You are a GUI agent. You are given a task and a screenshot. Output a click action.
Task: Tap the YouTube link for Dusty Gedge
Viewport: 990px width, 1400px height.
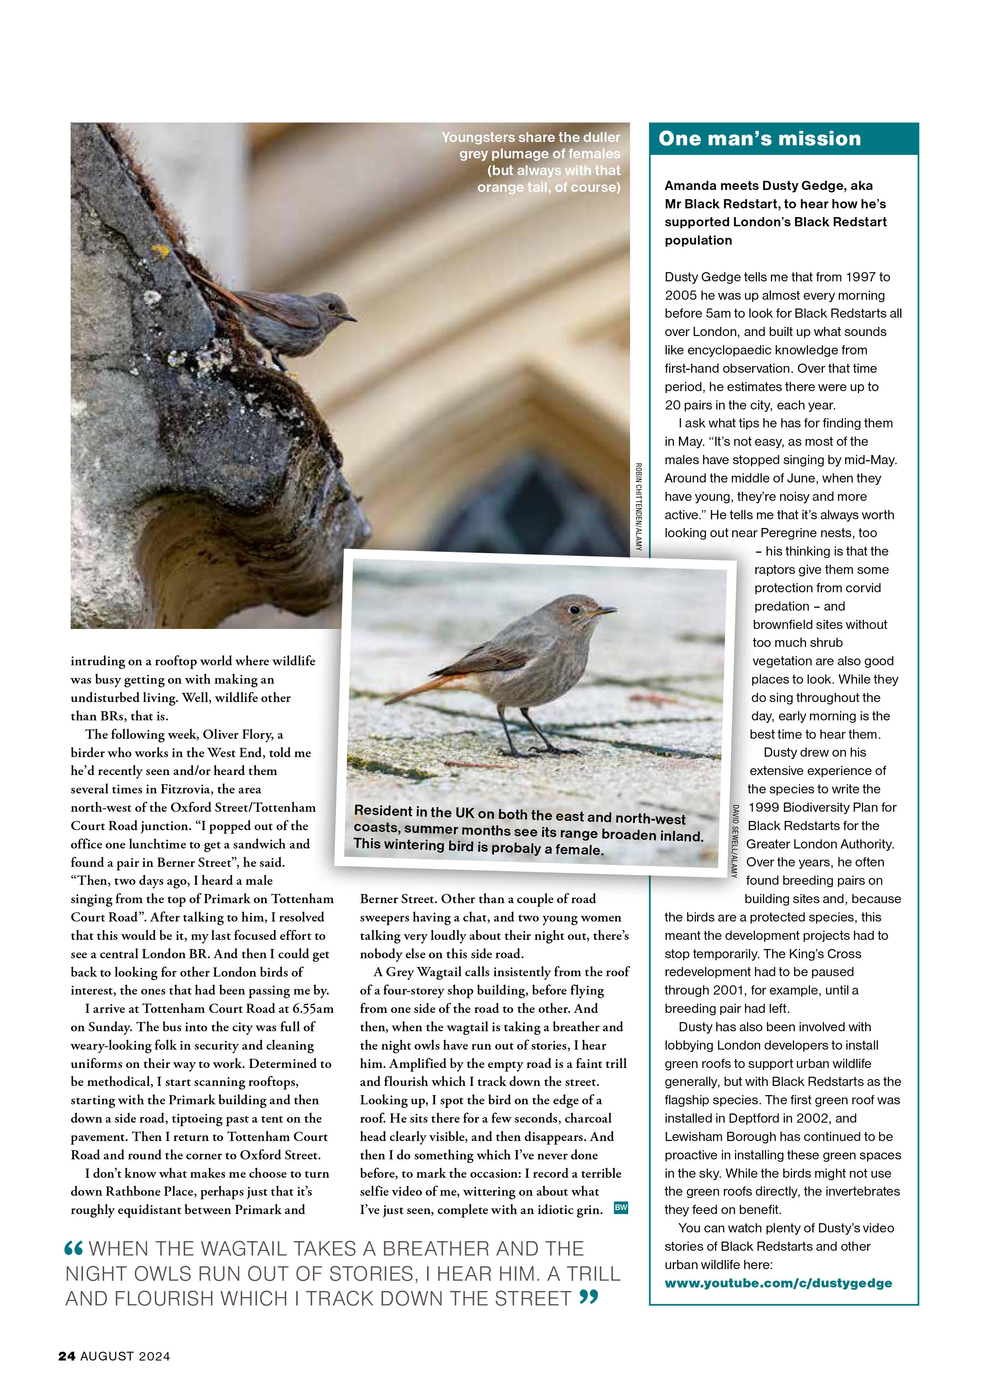(x=778, y=1283)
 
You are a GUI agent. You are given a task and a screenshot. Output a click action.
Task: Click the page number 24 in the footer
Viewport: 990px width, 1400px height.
(x=67, y=1356)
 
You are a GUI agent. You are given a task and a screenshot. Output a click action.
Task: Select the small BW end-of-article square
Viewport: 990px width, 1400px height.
(x=620, y=1208)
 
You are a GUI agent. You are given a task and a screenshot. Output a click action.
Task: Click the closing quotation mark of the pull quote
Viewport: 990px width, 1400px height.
(x=589, y=1298)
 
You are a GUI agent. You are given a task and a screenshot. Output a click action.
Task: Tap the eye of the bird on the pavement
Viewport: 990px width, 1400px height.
(x=574, y=609)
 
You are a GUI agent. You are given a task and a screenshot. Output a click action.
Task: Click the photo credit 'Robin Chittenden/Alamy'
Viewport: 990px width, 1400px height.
(x=638, y=506)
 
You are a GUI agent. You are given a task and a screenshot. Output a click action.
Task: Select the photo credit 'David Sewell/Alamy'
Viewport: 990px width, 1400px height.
(x=735, y=841)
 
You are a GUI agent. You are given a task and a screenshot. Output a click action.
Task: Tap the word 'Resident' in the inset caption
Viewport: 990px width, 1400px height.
(x=383, y=811)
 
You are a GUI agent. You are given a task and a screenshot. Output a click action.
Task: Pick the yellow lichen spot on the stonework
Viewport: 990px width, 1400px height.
(x=160, y=251)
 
